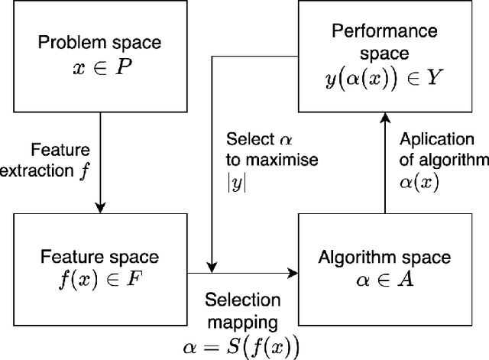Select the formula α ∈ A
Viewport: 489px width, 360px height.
coord(385,281)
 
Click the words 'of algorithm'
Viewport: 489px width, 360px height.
coord(443,159)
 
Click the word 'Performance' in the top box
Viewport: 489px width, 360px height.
coord(384,31)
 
